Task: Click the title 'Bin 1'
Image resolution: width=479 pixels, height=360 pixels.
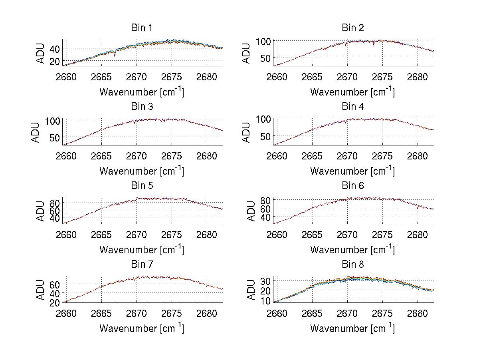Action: tap(142, 28)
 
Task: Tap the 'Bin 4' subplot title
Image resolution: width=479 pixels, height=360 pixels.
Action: tap(352, 107)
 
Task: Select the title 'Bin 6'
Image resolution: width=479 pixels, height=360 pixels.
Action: tap(352, 186)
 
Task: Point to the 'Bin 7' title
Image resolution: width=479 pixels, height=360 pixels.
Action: tap(142, 265)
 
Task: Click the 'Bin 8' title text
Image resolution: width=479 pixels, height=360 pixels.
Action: tap(352, 265)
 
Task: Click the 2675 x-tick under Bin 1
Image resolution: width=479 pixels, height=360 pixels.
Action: tap(172, 77)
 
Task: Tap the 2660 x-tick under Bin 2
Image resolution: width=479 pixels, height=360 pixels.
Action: tap(277, 77)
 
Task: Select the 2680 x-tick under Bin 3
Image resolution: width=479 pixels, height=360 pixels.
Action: tap(207, 156)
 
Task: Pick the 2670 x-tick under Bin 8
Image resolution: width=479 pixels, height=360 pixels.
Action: tap(347, 314)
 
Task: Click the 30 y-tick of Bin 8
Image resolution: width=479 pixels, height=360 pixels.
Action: tap(266, 280)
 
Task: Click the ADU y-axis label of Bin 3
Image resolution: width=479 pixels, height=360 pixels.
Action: tap(36, 132)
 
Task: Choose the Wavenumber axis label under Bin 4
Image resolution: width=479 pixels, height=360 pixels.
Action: tap(352, 171)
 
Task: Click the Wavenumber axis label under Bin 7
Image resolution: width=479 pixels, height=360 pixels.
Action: tap(142, 328)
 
